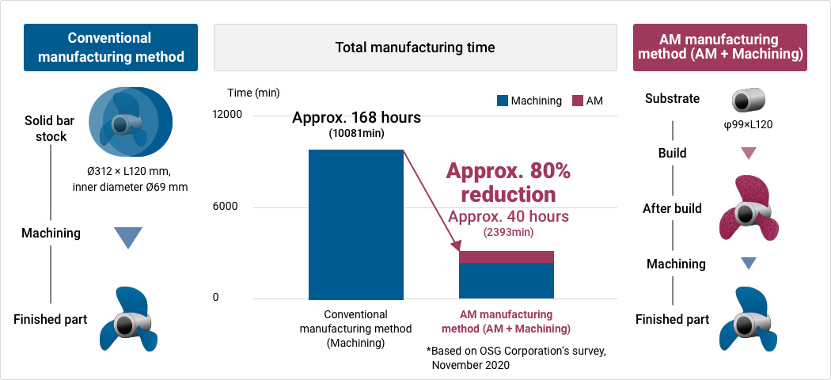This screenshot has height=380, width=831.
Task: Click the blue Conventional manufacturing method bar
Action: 355,224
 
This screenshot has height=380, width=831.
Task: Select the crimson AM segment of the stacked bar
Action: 507,256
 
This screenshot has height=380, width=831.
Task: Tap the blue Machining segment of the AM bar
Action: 507,281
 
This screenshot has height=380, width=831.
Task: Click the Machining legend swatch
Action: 502,101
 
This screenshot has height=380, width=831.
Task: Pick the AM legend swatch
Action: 578,101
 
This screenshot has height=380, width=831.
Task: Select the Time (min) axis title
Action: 253,93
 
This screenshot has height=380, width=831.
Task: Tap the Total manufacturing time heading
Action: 415,47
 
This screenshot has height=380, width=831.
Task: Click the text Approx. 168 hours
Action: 356,117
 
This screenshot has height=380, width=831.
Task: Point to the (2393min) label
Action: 508,232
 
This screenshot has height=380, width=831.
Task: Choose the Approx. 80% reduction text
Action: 508,183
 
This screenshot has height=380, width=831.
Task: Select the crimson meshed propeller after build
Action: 748,207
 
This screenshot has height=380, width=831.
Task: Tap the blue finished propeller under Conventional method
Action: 129,319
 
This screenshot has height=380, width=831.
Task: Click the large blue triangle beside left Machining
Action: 128,237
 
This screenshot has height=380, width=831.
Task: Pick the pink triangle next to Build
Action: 748,154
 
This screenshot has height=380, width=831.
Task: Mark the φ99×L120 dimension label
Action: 749,125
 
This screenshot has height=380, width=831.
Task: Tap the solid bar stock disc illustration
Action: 131,123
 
